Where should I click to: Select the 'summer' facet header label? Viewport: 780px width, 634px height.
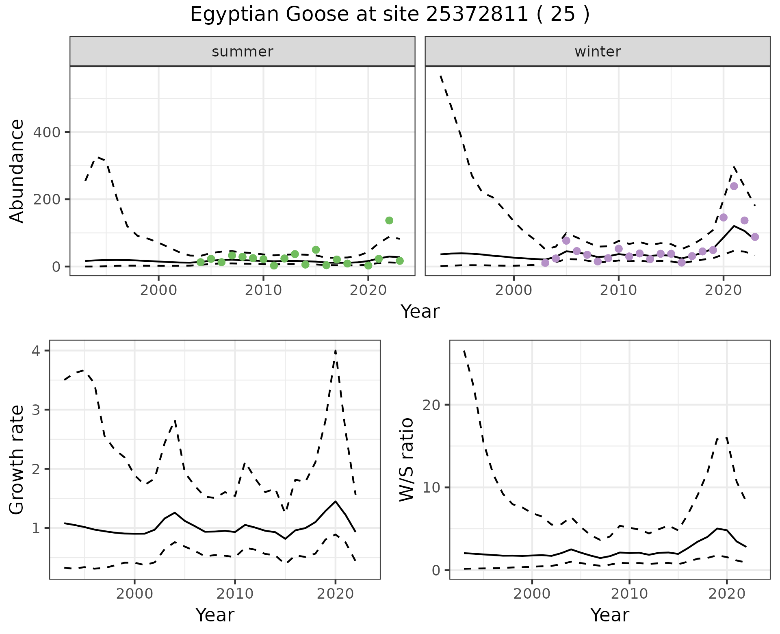pos(243,52)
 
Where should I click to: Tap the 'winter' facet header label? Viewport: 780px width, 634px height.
pos(598,52)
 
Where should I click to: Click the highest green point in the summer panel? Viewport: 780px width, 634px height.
pos(389,220)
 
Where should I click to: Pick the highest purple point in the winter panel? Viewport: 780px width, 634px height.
pos(734,186)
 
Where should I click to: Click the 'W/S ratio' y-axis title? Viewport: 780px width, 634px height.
pos(406,459)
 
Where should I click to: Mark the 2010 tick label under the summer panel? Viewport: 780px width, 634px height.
pos(263,291)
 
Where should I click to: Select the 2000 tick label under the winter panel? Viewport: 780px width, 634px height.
pos(513,291)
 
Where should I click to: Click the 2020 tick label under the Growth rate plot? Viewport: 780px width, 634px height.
pos(335,594)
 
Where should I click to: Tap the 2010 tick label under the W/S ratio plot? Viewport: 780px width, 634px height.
pos(629,594)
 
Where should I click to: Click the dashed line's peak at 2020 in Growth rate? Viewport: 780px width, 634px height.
pos(335,350)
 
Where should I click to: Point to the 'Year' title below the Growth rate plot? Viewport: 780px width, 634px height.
pos(215,615)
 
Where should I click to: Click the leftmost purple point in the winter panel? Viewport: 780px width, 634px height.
pos(545,263)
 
